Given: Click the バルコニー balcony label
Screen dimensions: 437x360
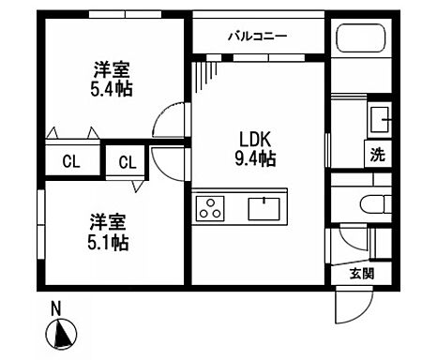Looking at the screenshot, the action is click(x=257, y=37).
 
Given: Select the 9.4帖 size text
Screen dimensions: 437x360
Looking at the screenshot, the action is click(x=254, y=160).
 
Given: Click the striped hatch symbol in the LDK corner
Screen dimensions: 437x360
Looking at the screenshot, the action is click(x=207, y=71).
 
